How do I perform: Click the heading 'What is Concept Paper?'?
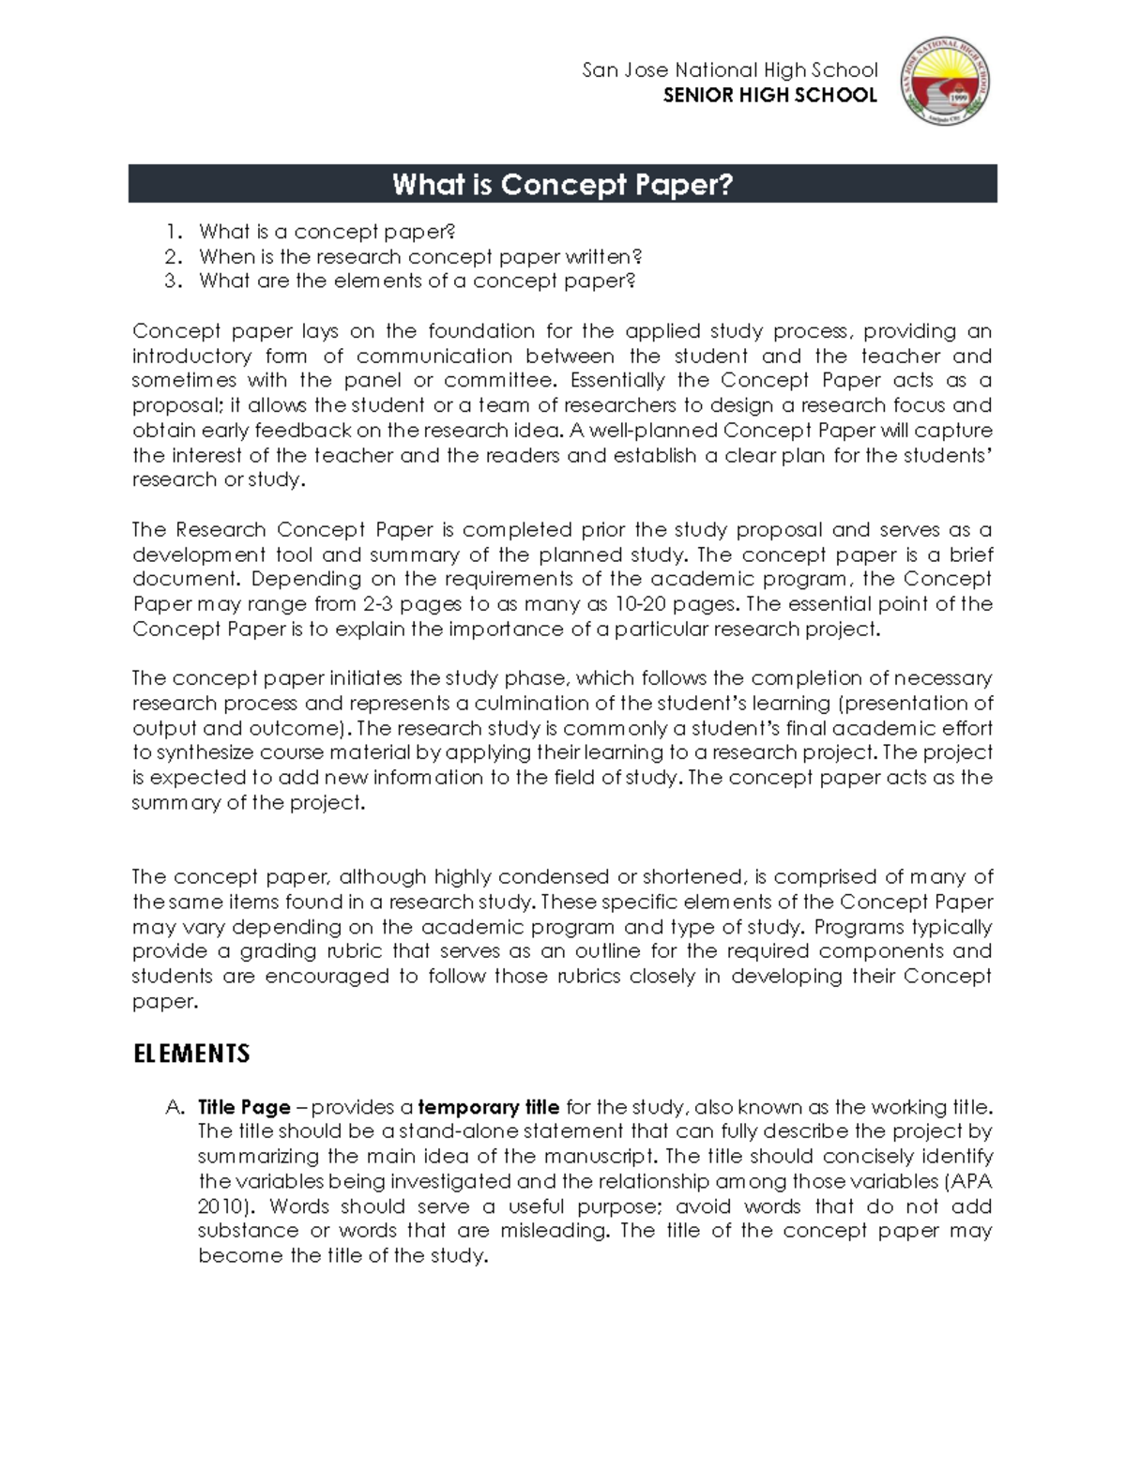click(562, 184)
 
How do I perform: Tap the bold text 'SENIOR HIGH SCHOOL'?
click(769, 95)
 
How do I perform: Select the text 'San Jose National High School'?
click(730, 70)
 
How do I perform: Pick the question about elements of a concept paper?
click(418, 281)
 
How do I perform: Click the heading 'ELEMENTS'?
click(191, 1054)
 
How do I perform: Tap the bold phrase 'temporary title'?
click(489, 1107)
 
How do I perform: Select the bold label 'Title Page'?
click(244, 1107)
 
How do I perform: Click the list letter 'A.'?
click(175, 1107)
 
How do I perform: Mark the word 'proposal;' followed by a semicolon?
click(174, 406)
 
